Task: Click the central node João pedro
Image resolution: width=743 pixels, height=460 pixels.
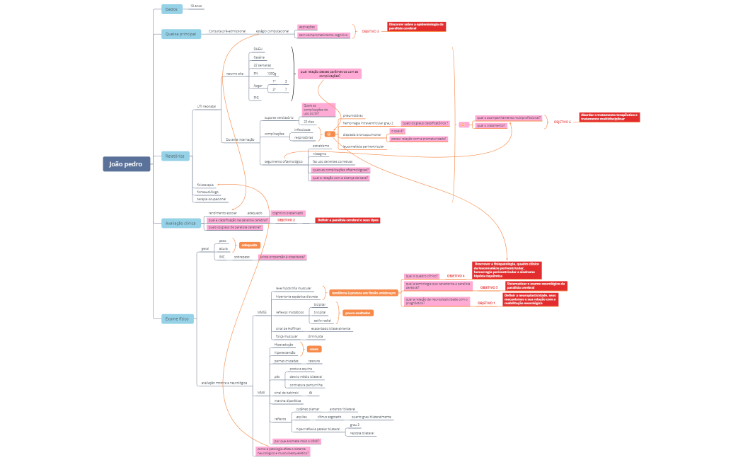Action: coord(126,164)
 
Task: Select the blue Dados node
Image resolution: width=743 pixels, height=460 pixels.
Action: coord(171,9)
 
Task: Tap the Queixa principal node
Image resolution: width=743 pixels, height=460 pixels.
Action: coord(180,34)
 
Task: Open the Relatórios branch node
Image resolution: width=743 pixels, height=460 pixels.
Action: coord(175,156)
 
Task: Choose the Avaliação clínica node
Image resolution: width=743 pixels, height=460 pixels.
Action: coord(180,223)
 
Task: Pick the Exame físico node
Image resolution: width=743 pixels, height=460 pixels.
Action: coord(177,319)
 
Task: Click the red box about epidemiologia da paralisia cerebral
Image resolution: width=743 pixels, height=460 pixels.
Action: coord(417,26)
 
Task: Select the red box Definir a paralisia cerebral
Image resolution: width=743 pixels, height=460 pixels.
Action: coord(347,220)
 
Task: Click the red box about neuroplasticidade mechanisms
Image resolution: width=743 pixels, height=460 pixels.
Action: coord(531,299)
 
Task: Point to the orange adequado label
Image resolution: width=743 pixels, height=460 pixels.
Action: coord(249,245)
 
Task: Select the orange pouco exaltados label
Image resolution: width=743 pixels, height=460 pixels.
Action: coord(358,312)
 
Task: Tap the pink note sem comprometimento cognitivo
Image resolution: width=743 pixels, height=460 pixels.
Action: coord(323,35)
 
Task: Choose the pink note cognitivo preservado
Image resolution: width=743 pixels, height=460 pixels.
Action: coord(287,212)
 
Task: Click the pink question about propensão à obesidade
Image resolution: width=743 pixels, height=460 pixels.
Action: coord(282,257)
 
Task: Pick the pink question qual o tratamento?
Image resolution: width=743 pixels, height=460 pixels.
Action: coord(491,125)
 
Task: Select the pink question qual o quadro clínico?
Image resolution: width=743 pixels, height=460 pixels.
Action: coord(422,275)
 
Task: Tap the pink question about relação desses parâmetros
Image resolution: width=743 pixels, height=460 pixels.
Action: coord(330,73)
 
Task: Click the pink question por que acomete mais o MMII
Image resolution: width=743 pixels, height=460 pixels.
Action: coord(296,441)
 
